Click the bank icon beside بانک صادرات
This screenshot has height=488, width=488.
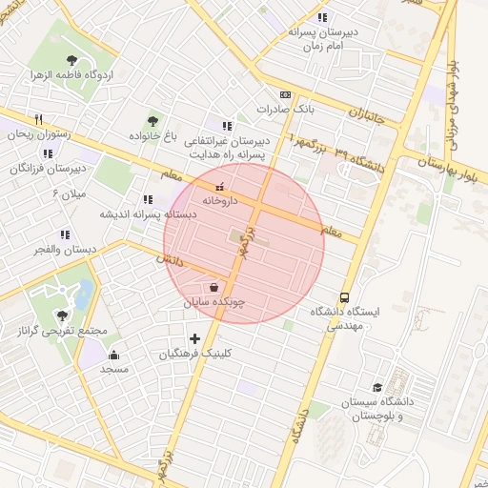[x=285, y=94]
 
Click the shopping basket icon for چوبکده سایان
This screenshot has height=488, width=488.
[x=213, y=287]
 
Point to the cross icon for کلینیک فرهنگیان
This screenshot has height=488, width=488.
[x=195, y=338]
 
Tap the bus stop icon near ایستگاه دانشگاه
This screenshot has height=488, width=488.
[x=345, y=296]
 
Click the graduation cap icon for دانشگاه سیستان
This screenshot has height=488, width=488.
[x=378, y=388]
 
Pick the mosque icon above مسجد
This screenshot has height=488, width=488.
[x=114, y=356]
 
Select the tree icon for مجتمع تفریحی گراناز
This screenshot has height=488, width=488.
[x=62, y=315]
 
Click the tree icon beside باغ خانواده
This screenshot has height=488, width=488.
[x=152, y=121]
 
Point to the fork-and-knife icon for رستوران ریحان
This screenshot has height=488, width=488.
[x=39, y=120]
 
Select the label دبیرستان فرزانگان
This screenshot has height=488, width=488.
[x=48, y=168]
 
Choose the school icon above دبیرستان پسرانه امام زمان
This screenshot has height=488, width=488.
[x=323, y=17]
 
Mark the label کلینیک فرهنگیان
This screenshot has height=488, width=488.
[x=195, y=353]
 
